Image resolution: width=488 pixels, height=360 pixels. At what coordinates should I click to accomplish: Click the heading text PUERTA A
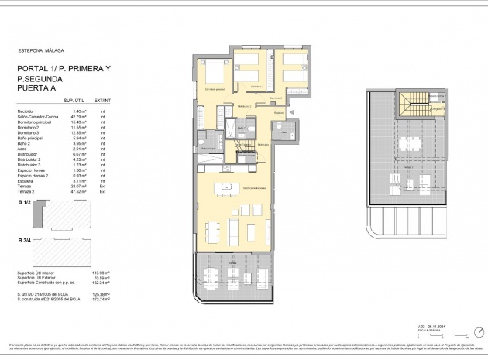(37, 88)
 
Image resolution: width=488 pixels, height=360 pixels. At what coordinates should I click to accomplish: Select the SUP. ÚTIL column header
(74, 101)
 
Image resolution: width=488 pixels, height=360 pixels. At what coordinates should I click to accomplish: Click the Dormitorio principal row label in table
(36, 124)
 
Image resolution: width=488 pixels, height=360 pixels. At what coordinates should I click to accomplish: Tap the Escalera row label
(26, 180)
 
